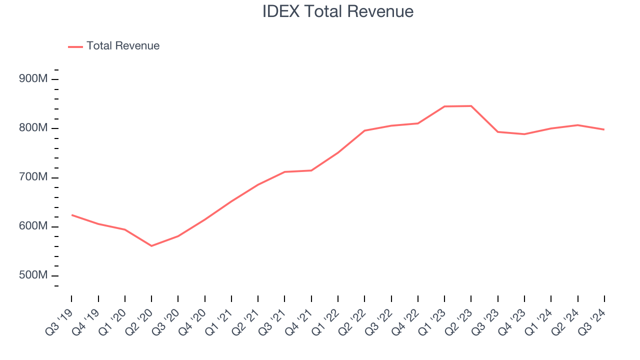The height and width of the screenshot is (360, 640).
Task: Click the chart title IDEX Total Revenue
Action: pyautogui.click(x=338, y=11)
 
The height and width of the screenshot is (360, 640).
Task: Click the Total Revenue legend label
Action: pyautogui.click(x=123, y=46)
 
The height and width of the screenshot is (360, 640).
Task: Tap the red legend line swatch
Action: pyautogui.click(x=75, y=46)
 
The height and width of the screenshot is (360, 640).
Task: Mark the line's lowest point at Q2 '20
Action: pyautogui.click(x=151, y=246)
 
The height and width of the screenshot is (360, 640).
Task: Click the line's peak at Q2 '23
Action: pyautogui.click(x=471, y=106)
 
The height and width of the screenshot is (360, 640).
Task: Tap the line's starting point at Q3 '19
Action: pyautogui.click(x=71, y=215)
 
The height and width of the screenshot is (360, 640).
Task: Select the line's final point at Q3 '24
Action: pyautogui.click(x=604, y=129)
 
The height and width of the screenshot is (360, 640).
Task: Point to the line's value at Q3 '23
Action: pyautogui.click(x=498, y=131)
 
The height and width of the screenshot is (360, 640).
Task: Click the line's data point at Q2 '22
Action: pyautogui.click(x=364, y=130)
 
